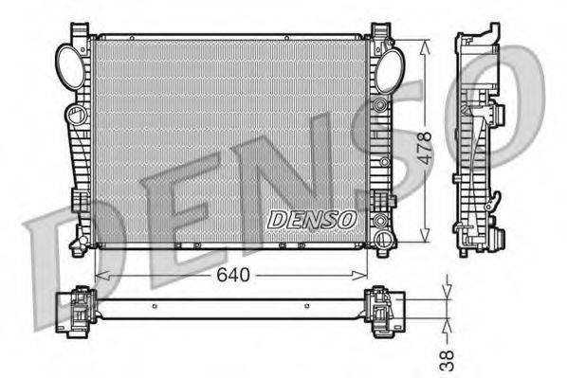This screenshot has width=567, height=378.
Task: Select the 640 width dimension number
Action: pos(230,276)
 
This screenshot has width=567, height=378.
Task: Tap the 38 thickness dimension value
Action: pos(448,357)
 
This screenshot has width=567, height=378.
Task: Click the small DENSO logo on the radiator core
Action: pos(312,219)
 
